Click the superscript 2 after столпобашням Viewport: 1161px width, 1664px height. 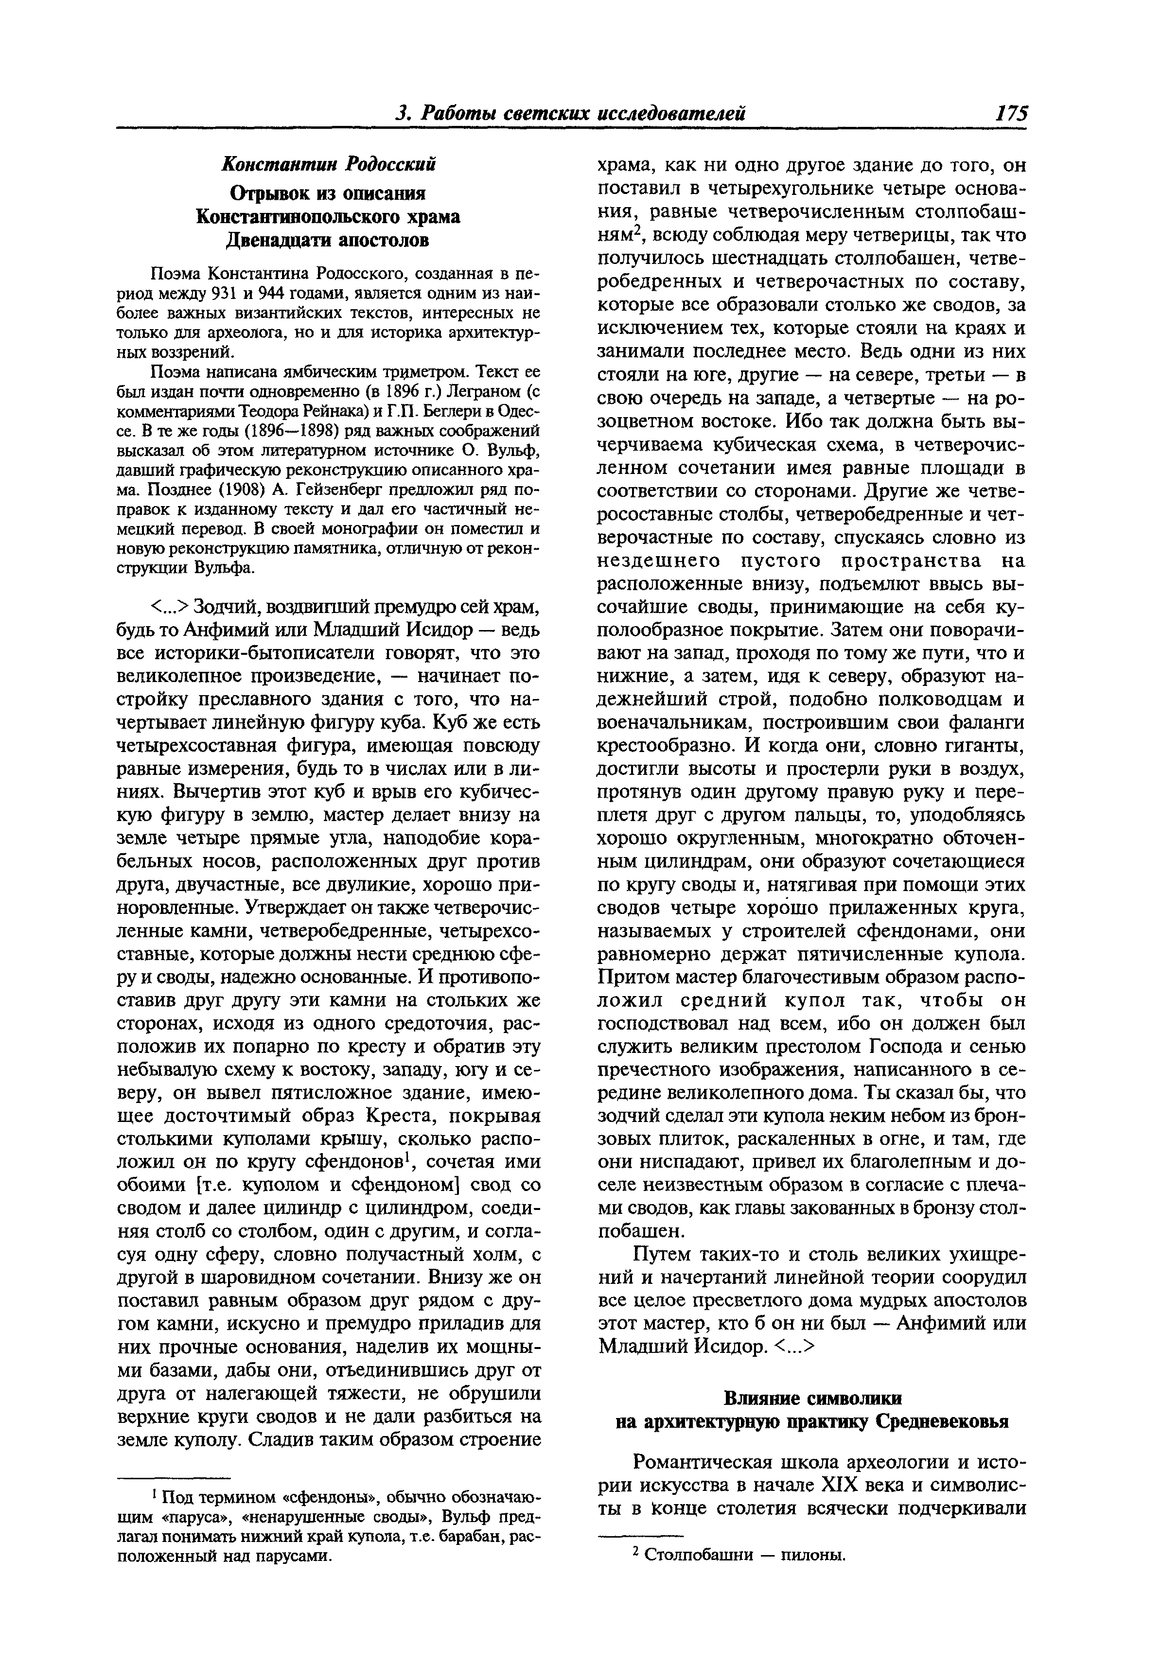[637, 231]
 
